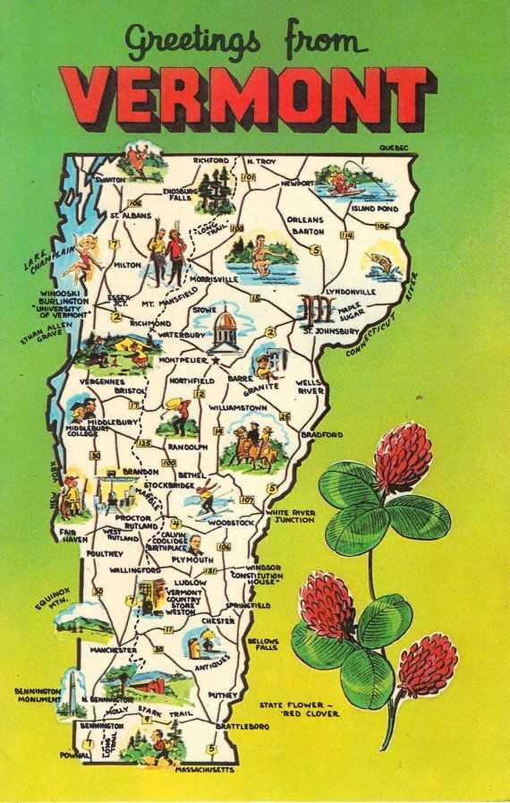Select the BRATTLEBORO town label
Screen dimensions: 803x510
point(242,726)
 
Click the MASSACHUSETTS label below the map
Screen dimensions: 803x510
point(205,770)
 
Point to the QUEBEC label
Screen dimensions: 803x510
point(393,146)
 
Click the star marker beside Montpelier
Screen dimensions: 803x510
point(215,360)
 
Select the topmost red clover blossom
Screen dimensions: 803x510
point(402,456)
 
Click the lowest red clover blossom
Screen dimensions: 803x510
point(426,663)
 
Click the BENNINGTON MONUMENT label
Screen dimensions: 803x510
point(37,696)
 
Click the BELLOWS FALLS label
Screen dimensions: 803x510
point(263,645)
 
